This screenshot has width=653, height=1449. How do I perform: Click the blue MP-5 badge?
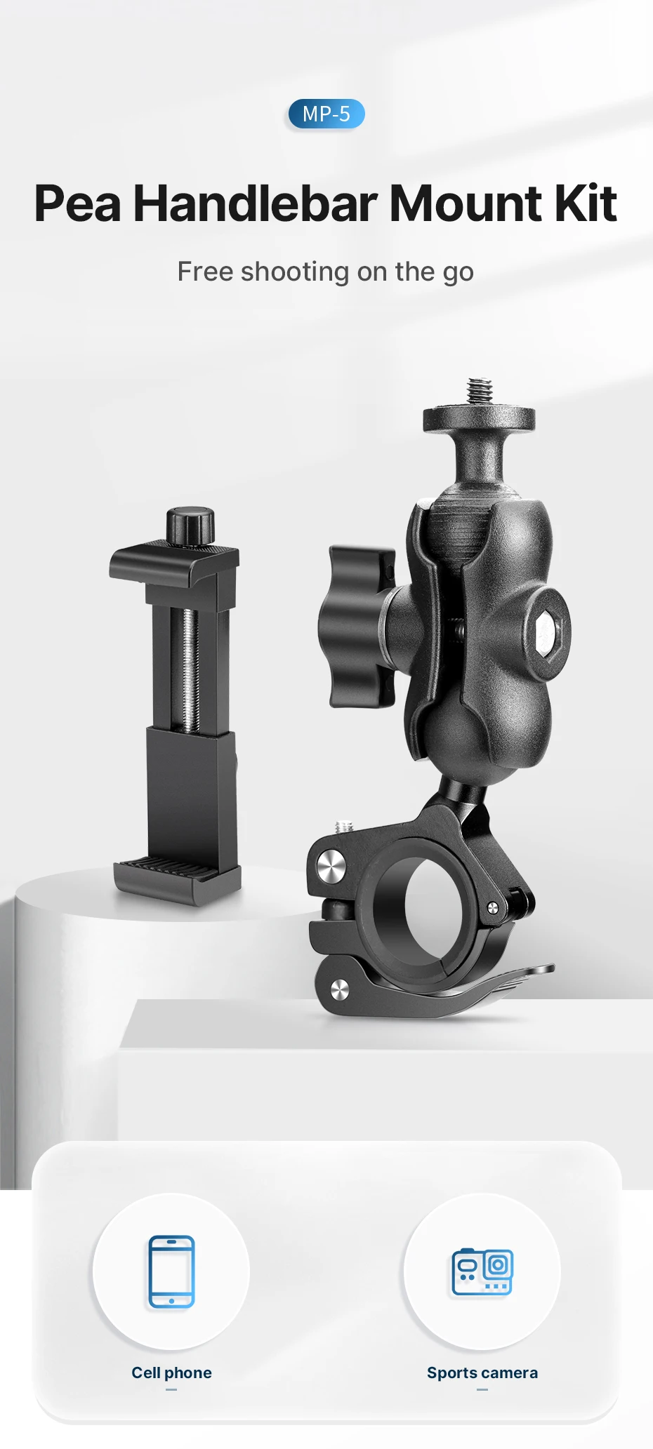pos(326,114)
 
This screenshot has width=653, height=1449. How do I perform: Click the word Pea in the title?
pos(77,203)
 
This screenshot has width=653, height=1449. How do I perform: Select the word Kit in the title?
pos(585,203)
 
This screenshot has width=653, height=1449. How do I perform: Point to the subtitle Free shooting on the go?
pos(325,272)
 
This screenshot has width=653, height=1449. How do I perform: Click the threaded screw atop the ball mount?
pos(480,392)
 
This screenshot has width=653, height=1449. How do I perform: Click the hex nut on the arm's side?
pos(546,634)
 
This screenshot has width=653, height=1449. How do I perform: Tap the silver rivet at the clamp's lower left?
pos(339,990)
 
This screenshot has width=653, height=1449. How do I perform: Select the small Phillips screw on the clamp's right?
pos(493,909)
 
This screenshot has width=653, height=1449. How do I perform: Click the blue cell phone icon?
pos(171,1271)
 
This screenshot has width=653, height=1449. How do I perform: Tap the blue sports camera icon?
pos(482,1271)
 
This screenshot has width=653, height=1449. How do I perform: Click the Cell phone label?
pos(171,1373)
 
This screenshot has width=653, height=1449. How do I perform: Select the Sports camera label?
pos(482,1373)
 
